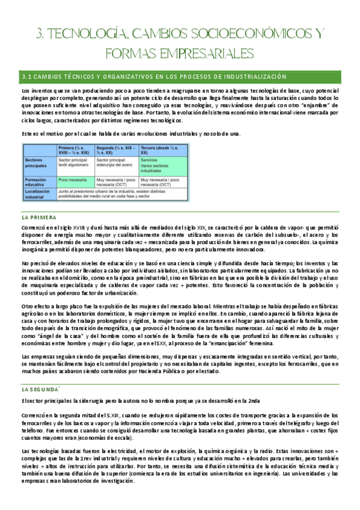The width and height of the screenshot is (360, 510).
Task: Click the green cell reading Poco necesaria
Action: [x=71, y=179]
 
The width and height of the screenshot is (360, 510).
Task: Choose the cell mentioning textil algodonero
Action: [x=75, y=164]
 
